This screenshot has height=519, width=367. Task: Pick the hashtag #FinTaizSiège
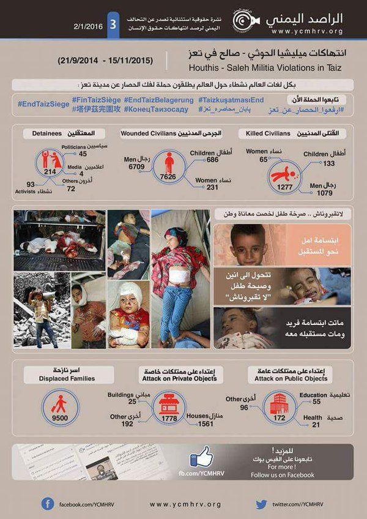[95, 99]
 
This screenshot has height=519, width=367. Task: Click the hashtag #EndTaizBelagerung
[158, 99]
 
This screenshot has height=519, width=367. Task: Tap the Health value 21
[313, 425]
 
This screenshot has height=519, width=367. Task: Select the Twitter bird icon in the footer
[261, 503]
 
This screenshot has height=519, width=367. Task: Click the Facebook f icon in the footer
[48, 503]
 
